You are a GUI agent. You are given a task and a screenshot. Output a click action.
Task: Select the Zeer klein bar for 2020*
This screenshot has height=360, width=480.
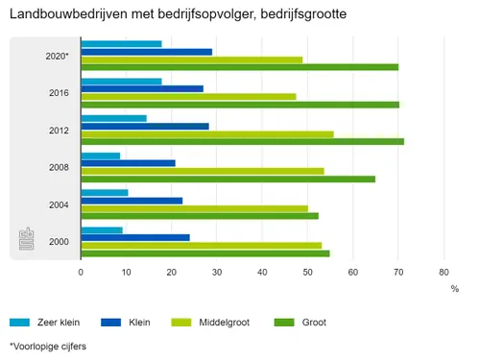[x=121, y=44]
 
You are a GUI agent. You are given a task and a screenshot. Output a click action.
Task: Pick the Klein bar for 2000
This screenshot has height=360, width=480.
[x=135, y=237]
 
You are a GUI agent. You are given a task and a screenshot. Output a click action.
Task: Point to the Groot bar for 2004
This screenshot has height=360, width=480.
[x=200, y=216]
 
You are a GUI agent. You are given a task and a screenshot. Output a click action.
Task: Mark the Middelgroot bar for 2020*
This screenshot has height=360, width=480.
[x=191, y=60]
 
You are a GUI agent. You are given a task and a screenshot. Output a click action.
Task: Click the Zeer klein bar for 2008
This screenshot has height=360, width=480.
[x=101, y=156]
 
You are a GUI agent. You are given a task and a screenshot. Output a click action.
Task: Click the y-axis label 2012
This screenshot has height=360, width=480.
[x=59, y=130]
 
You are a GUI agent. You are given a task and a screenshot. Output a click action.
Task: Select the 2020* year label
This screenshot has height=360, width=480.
[x=57, y=56]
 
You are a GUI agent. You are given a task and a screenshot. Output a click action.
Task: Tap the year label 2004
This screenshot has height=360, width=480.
[x=59, y=204]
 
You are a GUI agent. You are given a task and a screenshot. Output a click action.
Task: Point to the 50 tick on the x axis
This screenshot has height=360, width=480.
[x=307, y=273]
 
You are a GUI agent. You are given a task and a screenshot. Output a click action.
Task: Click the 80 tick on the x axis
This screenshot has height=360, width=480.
[x=444, y=273]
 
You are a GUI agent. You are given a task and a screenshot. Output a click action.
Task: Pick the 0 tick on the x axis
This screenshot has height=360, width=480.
[x=82, y=273]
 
